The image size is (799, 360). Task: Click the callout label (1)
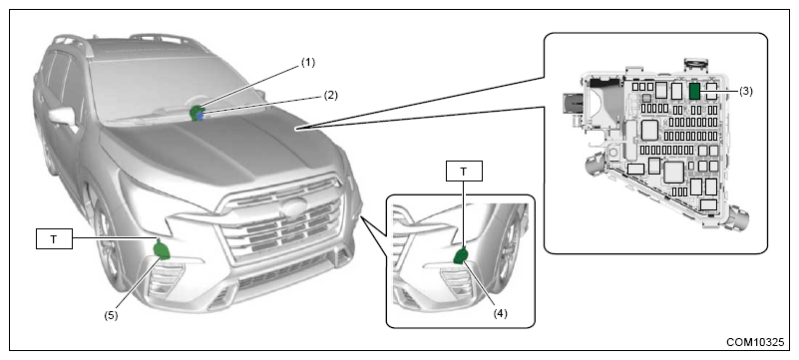tap(308, 63)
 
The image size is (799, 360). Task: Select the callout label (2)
tap(330, 95)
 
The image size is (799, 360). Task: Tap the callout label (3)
tap(744, 91)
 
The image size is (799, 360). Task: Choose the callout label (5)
tap(111, 315)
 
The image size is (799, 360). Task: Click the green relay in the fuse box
tap(694, 91)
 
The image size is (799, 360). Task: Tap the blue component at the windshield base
tap(200, 117)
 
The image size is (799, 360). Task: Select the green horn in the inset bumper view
tap(461, 256)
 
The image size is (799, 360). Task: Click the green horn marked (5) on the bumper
tap(163, 250)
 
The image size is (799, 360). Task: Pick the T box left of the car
tap(54, 238)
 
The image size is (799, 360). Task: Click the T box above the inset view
tap(463, 172)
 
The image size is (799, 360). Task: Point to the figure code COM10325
tap(756, 342)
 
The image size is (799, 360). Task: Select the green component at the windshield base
tap(196, 113)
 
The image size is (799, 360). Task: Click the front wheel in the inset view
tap(510, 249)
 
